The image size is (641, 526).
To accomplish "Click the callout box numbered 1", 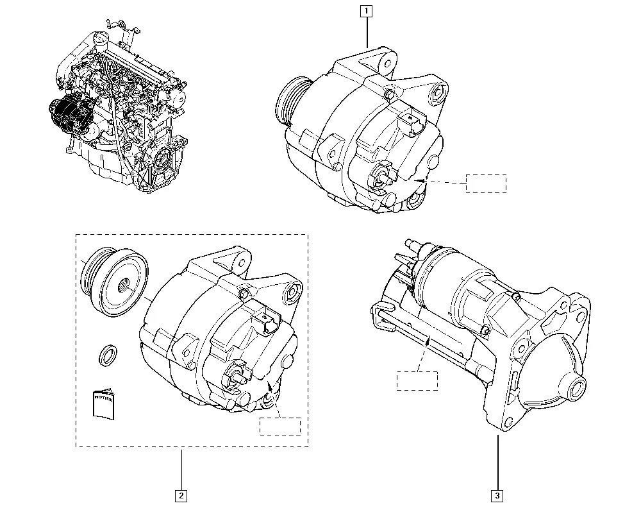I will tap(366, 10).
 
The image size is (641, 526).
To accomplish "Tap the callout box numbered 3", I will tap(497, 495).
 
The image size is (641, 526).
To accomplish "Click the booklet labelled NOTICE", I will tap(103, 404).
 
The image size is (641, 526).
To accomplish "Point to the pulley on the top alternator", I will tap(292, 103).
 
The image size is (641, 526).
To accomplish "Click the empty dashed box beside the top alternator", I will tap(486, 183).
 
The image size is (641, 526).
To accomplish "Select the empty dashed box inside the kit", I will tap(280, 427).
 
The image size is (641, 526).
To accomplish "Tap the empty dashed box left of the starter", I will tap(417, 380).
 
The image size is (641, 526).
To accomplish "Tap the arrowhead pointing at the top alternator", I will tap(420, 182).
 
